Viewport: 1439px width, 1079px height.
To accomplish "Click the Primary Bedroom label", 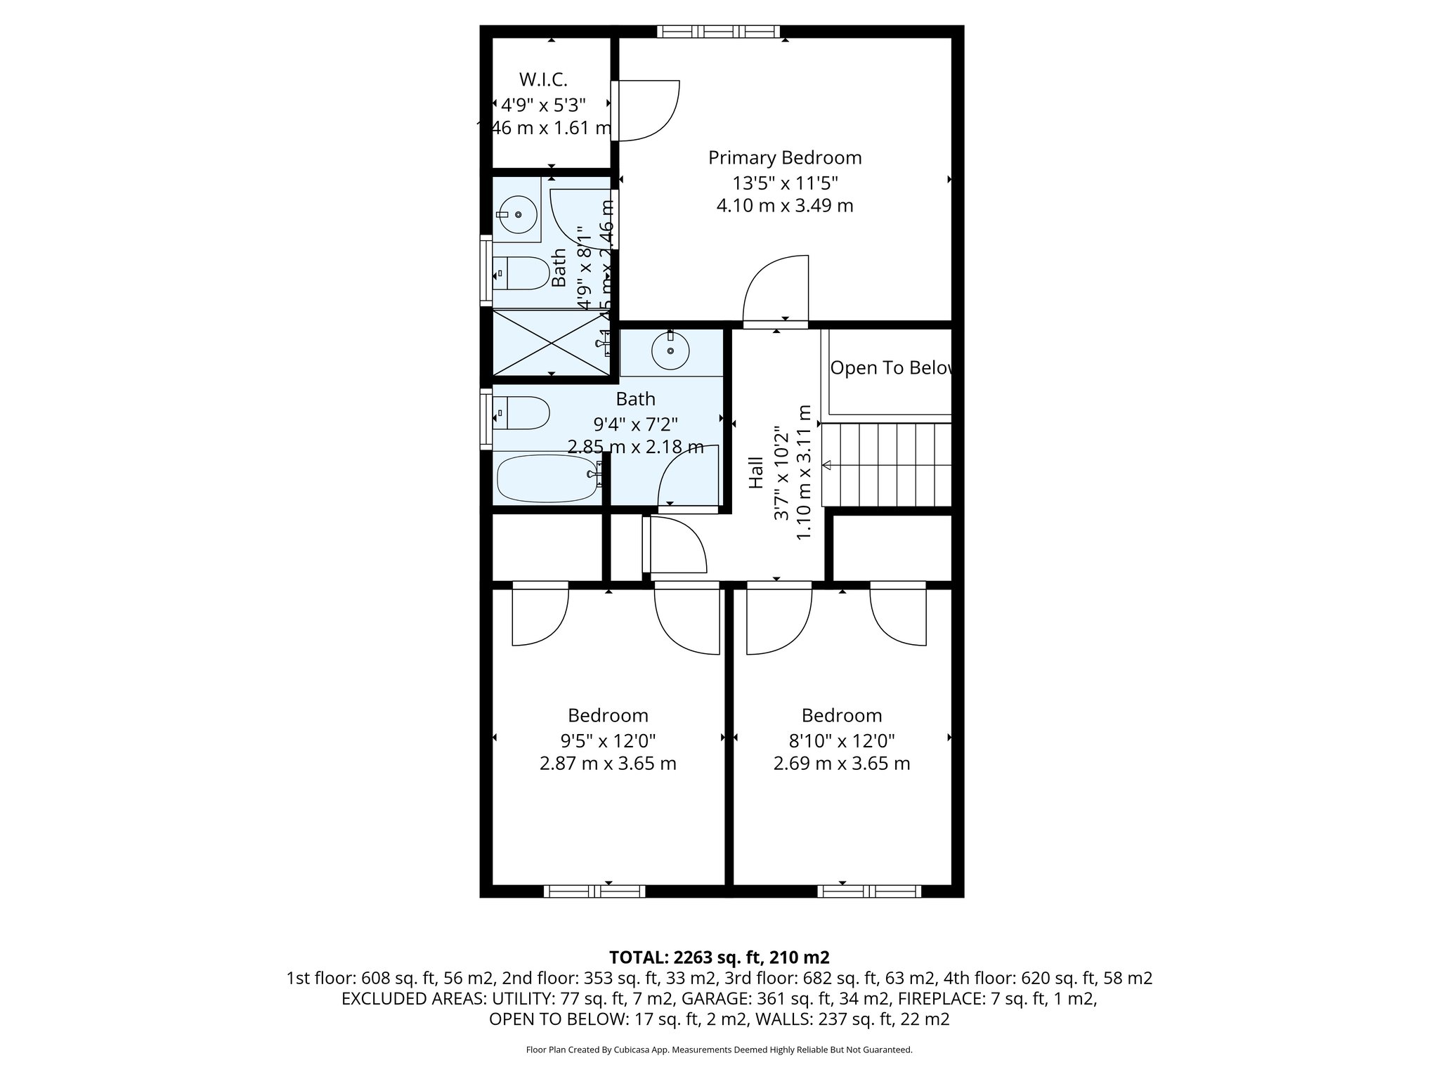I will point(784,157).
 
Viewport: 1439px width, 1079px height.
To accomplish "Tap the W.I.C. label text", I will point(543,79).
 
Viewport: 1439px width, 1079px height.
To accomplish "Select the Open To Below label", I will point(891,368).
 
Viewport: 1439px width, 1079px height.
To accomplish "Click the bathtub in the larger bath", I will point(547,478).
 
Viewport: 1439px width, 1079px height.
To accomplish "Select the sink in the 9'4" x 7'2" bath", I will point(670,350).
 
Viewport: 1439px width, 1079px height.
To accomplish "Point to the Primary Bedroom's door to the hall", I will point(776,292).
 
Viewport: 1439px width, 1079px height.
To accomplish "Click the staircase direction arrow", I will point(827,464).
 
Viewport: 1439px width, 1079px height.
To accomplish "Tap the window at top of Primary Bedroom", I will point(719,31).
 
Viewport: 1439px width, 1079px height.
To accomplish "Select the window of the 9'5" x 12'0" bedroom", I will point(594,891).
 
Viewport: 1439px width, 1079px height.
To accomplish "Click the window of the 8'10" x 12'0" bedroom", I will point(869,891).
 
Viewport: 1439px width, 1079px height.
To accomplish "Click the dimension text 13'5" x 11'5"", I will point(785,183).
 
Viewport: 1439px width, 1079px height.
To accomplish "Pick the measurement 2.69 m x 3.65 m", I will point(842,764).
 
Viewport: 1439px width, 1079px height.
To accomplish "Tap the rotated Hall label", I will point(755,472).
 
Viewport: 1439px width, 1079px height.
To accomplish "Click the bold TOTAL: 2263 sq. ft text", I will point(719,957).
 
